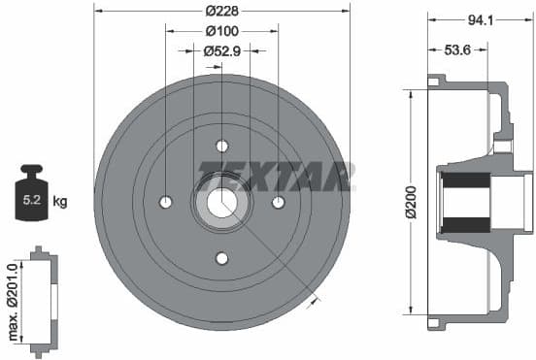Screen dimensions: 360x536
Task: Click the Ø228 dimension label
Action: [222, 13]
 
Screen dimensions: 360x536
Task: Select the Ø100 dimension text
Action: [222, 31]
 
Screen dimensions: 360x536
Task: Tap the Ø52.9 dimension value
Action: [222, 50]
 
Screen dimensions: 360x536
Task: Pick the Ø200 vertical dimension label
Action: [412, 201]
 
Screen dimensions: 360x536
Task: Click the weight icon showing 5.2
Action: [31, 198]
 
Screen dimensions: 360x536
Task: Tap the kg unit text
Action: [60, 202]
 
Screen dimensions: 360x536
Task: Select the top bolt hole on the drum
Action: [221, 146]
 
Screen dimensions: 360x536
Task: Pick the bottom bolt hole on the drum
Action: [221, 258]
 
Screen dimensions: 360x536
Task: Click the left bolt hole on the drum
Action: [165, 202]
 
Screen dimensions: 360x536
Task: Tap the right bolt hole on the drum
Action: [278, 202]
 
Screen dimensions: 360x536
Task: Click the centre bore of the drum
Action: [221, 202]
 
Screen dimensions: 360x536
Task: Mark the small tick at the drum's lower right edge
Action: [313, 303]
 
